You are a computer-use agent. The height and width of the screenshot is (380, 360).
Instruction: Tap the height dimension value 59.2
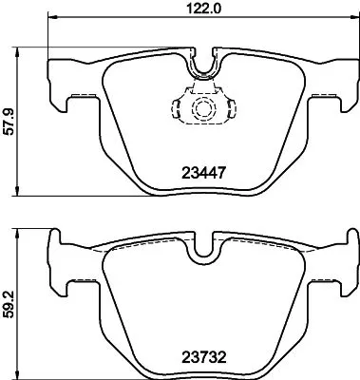pyautogui.click(x=9, y=303)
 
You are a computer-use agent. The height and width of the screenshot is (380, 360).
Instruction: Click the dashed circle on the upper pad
pyautogui.click(x=202, y=108)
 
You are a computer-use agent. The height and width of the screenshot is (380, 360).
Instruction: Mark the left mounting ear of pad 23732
pyautogui.click(x=59, y=277)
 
